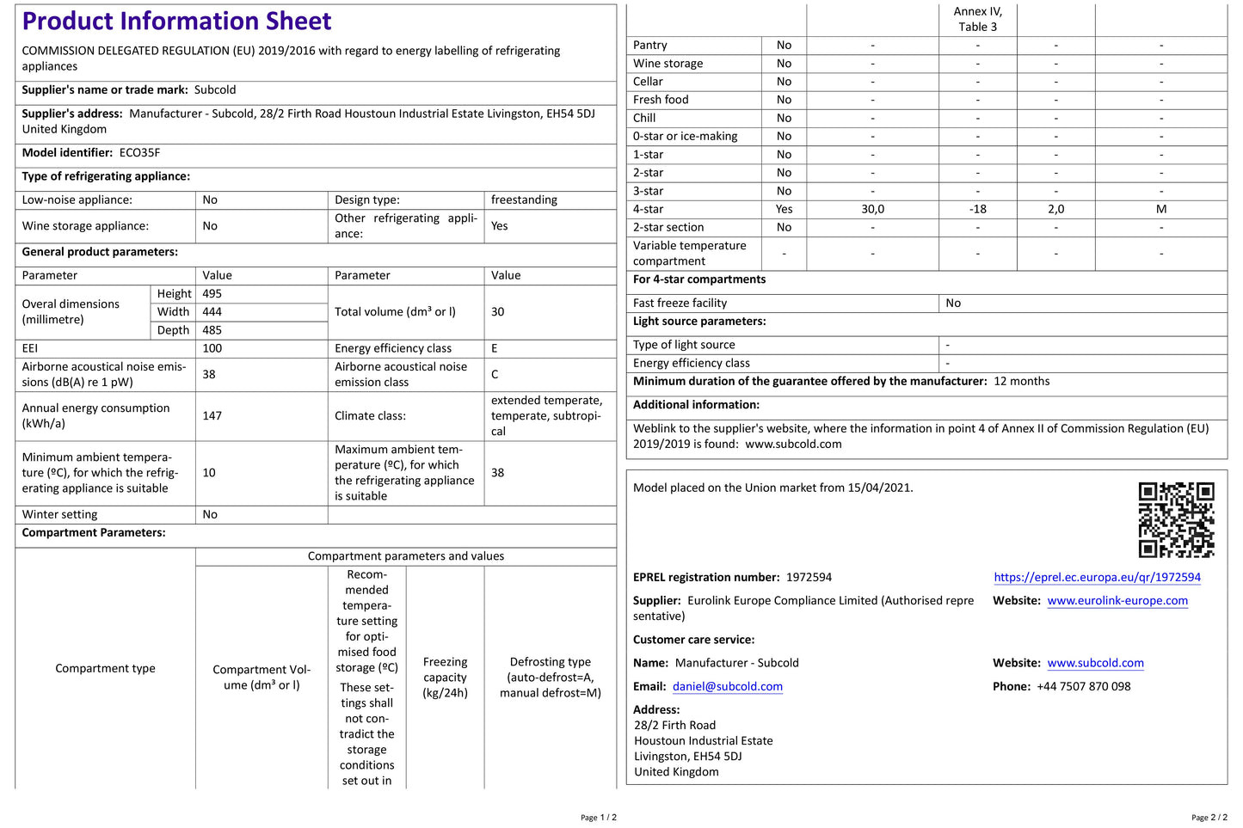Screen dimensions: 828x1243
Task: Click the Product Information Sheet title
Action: (x=176, y=21)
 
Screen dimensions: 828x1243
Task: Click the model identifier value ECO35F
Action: (x=139, y=153)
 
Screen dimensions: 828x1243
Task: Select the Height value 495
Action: (x=212, y=294)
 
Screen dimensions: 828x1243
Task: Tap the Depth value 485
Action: (x=212, y=330)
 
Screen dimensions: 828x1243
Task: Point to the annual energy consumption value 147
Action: (x=212, y=416)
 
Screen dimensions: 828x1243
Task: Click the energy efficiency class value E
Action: (x=495, y=348)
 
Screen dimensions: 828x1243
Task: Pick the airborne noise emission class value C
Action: (x=495, y=375)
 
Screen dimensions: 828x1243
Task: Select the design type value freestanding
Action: (x=524, y=200)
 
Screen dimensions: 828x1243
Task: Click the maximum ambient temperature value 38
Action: (x=498, y=473)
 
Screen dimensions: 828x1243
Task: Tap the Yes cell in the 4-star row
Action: (x=784, y=209)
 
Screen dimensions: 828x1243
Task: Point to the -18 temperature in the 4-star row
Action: (x=977, y=209)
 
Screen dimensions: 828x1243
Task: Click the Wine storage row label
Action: (x=668, y=64)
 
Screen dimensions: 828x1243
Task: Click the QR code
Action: (x=1176, y=519)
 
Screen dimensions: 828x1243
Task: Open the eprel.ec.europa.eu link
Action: (x=1097, y=578)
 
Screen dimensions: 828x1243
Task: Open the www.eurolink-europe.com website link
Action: (x=1117, y=601)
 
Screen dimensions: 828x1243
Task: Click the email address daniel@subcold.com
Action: (x=727, y=687)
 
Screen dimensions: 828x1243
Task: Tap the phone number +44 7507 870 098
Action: (x=1083, y=687)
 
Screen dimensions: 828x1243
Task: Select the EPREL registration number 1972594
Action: (x=809, y=578)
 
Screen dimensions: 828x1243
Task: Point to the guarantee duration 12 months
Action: (x=1021, y=382)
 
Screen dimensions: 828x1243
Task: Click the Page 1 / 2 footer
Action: (x=598, y=818)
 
